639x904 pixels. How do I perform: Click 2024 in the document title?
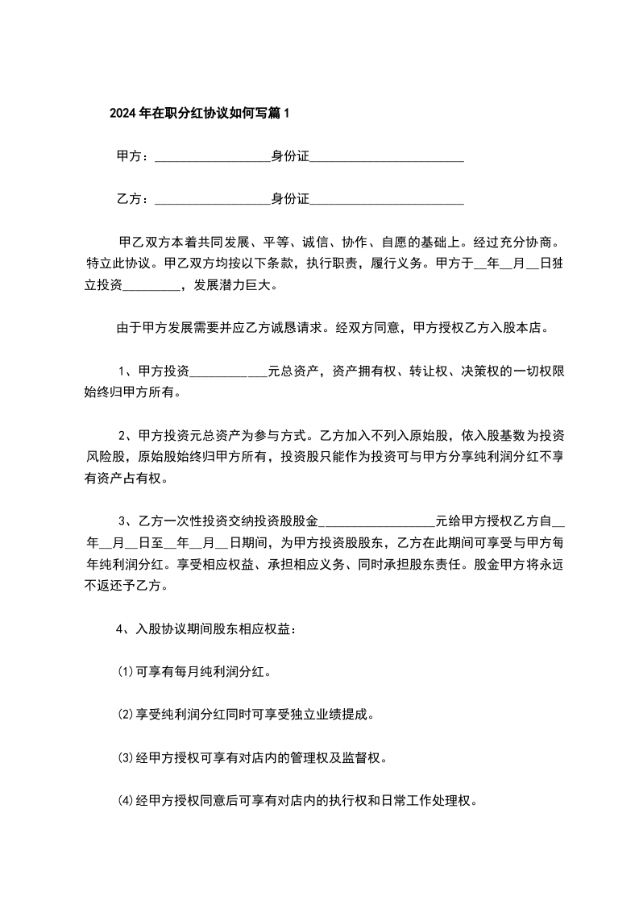coord(122,114)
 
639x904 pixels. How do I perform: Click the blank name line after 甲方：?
coord(211,158)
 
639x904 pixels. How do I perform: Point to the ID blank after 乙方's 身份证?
coord(387,201)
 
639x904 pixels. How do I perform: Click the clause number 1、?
coord(127,371)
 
